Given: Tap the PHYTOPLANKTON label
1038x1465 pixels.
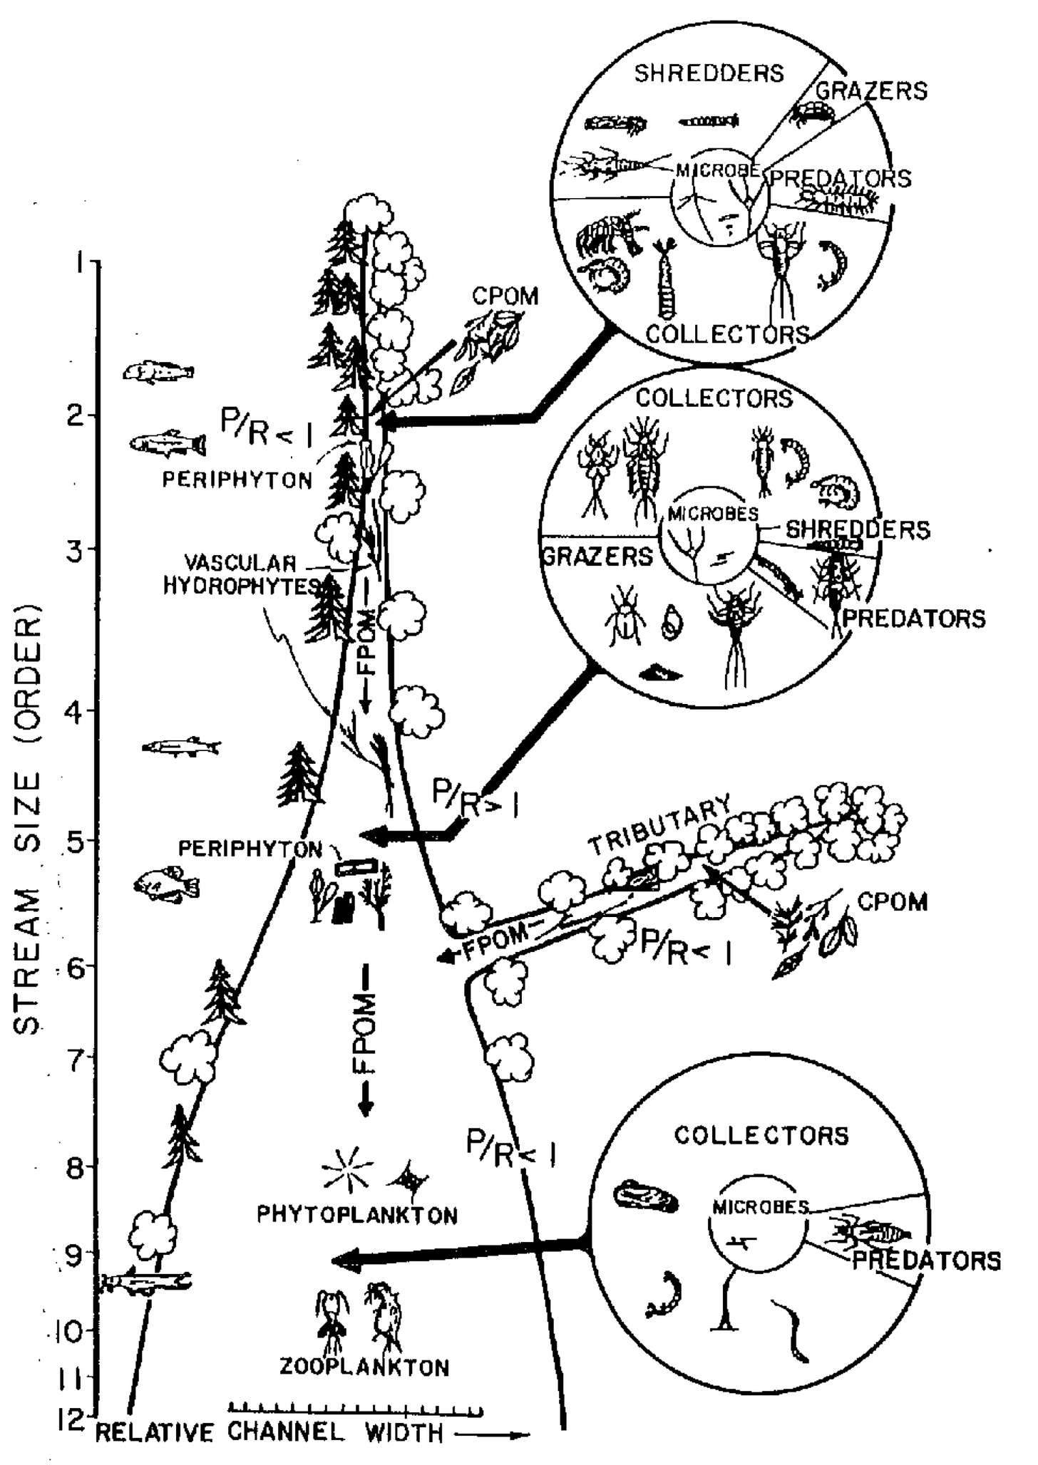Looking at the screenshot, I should click(x=357, y=1214).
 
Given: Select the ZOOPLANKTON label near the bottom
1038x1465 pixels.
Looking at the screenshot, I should click(x=364, y=1367).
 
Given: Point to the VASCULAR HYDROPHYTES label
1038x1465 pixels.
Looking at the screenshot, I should click(x=241, y=574).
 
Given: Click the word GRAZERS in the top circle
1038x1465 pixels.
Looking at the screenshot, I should click(x=871, y=90).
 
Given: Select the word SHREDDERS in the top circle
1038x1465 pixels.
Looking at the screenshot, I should click(x=709, y=73).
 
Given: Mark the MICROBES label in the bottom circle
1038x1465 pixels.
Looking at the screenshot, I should click(x=760, y=1206).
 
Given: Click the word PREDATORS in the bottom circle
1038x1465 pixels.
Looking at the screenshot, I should click(x=926, y=1260).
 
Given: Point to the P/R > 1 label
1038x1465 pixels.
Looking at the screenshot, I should click(x=475, y=798).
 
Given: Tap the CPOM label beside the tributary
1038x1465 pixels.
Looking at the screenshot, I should click(x=893, y=902).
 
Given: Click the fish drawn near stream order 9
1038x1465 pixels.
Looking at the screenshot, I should click(x=146, y=1283).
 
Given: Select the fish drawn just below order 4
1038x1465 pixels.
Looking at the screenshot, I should click(x=181, y=747).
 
